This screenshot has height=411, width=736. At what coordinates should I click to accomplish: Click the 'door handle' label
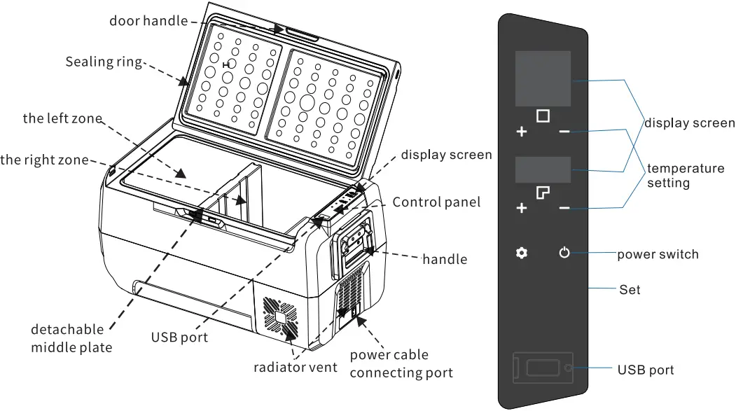(x=148, y=20)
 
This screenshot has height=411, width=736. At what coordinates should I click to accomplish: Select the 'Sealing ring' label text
(x=104, y=62)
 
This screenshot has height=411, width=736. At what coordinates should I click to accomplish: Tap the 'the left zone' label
(x=62, y=118)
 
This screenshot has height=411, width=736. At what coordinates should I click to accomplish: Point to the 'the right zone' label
(x=45, y=160)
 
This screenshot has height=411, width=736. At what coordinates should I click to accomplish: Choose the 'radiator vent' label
(x=295, y=367)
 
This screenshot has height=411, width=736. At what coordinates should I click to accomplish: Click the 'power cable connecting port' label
(x=401, y=363)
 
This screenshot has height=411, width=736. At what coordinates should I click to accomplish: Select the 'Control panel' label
(x=436, y=202)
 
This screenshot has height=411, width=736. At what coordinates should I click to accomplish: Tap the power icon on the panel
(x=564, y=253)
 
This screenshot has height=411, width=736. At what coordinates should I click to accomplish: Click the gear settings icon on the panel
(x=521, y=253)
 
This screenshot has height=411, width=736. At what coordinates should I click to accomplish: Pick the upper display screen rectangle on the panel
(x=543, y=78)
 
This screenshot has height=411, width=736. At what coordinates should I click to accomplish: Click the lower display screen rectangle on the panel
(x=543, y=170)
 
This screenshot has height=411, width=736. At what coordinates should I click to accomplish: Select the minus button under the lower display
(x=564, y=208)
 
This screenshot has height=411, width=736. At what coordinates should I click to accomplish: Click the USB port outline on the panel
(x=543, y=368)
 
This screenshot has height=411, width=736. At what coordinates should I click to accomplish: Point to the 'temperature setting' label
(x=685, y=175)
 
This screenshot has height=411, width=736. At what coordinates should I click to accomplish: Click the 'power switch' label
(x=658, y=253)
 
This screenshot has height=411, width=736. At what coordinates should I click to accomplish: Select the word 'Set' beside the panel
(x=630, y=288)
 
